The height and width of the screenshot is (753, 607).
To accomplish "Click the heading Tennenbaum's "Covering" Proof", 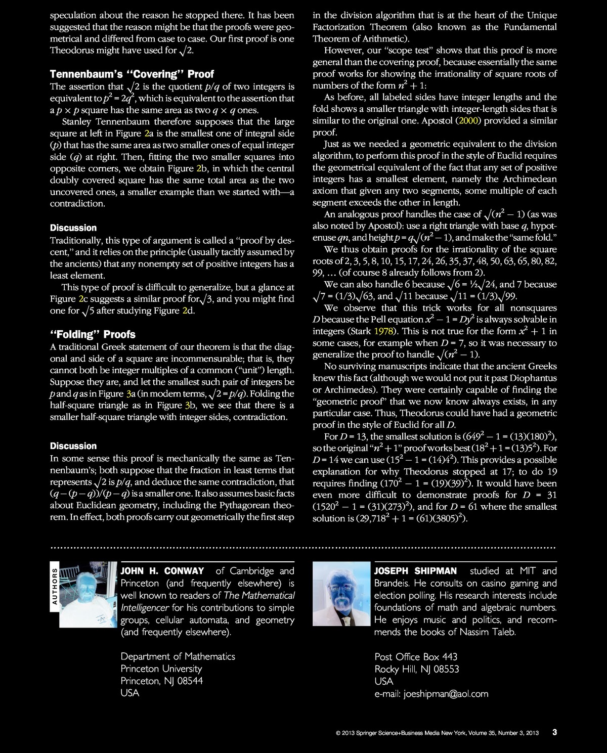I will (x=132, y=74).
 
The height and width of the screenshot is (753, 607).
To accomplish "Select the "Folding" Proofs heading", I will (x=93, y=334).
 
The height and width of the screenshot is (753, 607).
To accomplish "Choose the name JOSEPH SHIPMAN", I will (x=415, y=571).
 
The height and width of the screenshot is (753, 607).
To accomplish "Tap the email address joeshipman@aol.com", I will (x=446, y=693).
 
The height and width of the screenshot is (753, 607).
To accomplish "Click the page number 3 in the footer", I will (x=554, y=732).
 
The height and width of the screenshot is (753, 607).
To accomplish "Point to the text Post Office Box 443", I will (x=416, y=656).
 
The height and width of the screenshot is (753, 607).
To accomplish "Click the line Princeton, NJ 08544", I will (x=161, y=681).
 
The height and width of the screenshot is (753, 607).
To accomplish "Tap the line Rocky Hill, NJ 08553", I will (x=417, y=669).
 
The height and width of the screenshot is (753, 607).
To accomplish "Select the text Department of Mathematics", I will (x=178, y=656).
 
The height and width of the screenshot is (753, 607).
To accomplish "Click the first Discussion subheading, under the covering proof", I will (x=73, y=228).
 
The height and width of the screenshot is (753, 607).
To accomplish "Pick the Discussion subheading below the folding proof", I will (x=73, y=446).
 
